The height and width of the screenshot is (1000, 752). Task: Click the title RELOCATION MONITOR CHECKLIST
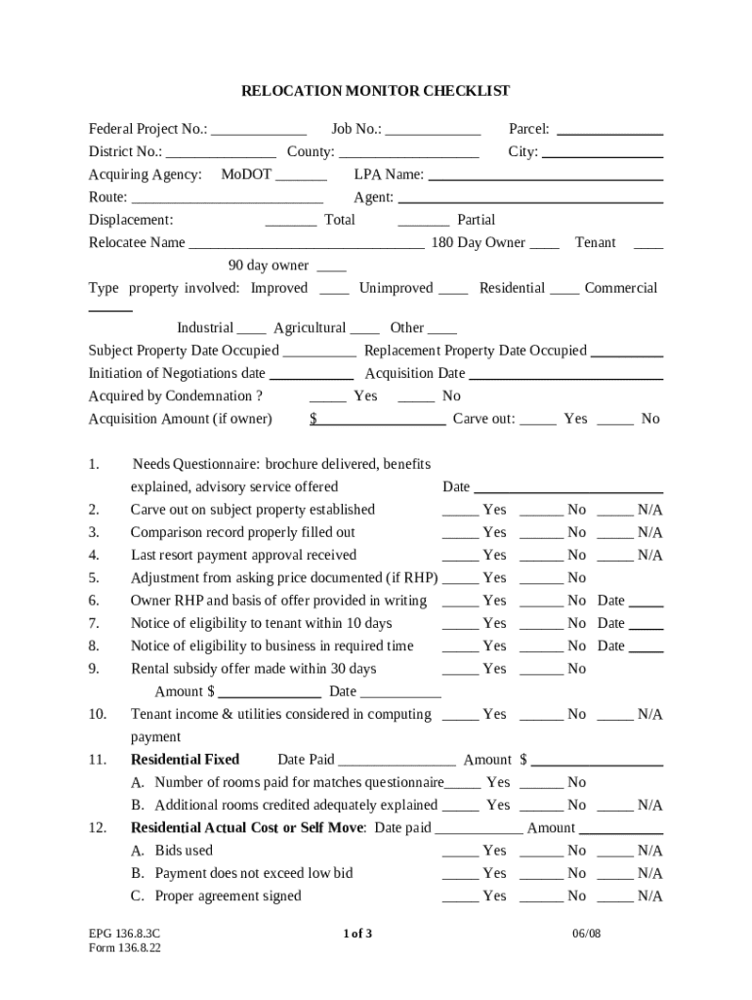point(376,91)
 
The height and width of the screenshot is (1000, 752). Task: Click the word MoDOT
point(246,175)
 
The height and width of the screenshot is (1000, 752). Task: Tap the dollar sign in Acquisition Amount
point(313,419)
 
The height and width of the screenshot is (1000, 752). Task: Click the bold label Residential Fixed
point(185,760)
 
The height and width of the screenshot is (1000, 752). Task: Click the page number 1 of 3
point(357,934)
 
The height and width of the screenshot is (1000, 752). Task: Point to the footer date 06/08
point(587,934)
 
